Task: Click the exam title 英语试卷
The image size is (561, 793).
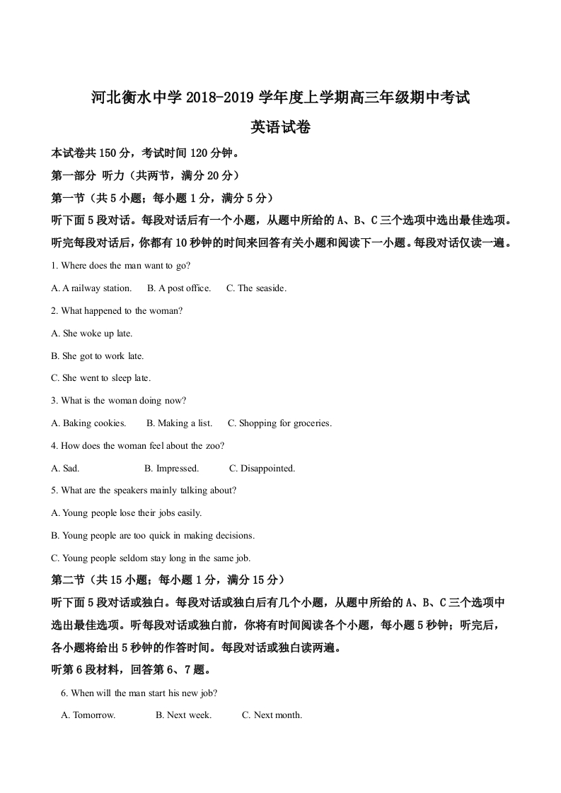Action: (281, 127)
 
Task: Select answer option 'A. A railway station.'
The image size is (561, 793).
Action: (92, 288)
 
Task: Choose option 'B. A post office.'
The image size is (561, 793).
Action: (179, 288)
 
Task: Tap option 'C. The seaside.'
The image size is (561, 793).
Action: (256, 288)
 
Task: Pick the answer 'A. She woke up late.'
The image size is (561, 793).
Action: (92, 334)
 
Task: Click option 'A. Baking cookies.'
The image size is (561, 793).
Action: (89, 423)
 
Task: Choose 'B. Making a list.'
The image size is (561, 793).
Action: (179, 423)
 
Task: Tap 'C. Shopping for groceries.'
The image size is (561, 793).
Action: (279, 423)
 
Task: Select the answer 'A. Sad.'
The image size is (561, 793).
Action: (66, 469)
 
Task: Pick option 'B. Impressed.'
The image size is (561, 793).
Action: (171, 469)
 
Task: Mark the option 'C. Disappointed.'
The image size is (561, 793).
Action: (262, 469)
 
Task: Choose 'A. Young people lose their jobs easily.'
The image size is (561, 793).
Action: (127, 513)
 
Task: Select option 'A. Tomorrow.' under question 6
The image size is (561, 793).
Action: (88, 715)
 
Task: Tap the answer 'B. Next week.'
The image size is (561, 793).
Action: (183, 715)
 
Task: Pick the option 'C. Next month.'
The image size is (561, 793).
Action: (272, 715)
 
